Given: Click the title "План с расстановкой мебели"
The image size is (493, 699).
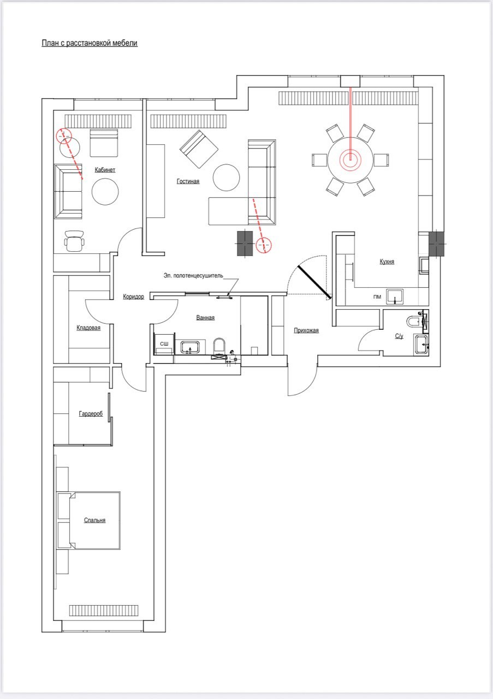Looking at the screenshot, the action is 90,43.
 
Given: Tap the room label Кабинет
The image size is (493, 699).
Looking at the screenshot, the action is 105,170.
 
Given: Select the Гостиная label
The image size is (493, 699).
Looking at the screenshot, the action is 188,181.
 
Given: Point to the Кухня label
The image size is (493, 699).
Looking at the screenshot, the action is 387,262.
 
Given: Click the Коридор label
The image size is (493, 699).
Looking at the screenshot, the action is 134,297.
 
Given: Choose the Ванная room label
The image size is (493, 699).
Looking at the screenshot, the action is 205,318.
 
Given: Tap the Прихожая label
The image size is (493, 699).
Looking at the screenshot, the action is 306,330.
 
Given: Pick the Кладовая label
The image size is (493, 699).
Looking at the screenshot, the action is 88,328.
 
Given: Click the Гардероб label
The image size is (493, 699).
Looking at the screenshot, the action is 91,414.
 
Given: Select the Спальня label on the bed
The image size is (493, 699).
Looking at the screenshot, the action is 95,520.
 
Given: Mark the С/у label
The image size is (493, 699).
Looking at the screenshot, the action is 399,336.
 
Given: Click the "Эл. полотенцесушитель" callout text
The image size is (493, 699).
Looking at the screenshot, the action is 193,276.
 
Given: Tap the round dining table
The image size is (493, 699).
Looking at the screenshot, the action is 351,160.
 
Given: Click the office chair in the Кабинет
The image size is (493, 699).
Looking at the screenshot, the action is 74,241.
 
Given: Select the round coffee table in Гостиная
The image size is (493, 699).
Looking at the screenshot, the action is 226,177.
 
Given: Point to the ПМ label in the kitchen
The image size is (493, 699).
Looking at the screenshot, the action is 377,297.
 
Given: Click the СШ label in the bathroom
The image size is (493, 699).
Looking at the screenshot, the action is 164,344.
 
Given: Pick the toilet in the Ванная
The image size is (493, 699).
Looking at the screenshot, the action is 219,347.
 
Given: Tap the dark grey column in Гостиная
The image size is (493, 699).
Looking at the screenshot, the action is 245,243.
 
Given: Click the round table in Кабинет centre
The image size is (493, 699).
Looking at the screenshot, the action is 105,192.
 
